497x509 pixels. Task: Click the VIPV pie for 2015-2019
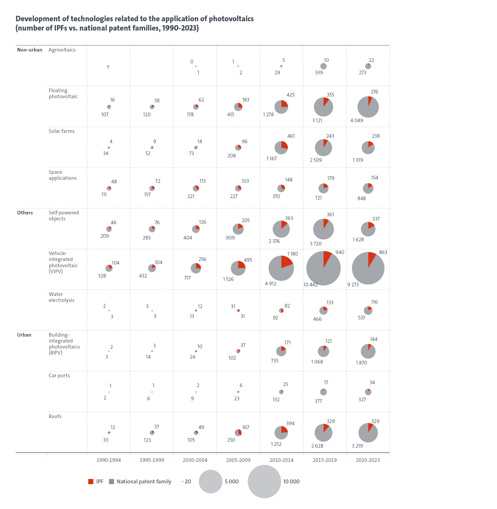pos(323,268)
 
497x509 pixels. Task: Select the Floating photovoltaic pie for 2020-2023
pos(368,107)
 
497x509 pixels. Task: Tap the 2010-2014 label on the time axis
pos(281,460)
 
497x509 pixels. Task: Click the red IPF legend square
pos(91,481)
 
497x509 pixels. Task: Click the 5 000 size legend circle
pos(210,481)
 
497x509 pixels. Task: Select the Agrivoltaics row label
pos(62,50)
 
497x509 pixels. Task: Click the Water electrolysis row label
pos(61,297)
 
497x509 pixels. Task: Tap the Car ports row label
pos(59,375)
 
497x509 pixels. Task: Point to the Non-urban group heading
pos(30,50)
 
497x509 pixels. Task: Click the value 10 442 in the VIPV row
pos(310,285)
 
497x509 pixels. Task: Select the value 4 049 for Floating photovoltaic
pos(356,120)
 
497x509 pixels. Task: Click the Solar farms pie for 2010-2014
pos(281,148)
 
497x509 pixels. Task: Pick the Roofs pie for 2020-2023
pos(368,433)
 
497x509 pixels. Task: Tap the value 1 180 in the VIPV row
pos(292,254)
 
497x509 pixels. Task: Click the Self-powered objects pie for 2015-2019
pos(323,229)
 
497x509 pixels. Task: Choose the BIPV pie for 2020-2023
pos(368,351)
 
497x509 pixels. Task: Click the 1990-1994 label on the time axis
pos(108,460)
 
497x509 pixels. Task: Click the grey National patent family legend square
pos(112,481)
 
